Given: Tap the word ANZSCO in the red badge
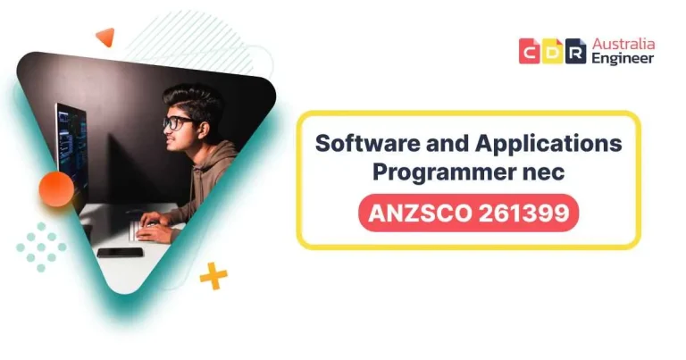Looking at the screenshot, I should pyautogui.click(x=420, y=213).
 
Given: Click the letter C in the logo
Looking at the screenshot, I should pyautogui.click(x=530, y=51).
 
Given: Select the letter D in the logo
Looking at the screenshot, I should pyautogui.click(x=553, y=51).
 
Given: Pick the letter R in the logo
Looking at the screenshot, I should pyautogui.click(x=576, y=51).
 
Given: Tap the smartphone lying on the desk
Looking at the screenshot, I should pyautogui.click(x=120, y=253).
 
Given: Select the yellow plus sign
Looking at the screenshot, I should pyautogui.click(x=213, y=277).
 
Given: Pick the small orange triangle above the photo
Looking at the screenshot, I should pyautogui.click(x=105, y=37).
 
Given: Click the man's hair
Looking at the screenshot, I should pyautogui.click(x=195, y=100).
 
